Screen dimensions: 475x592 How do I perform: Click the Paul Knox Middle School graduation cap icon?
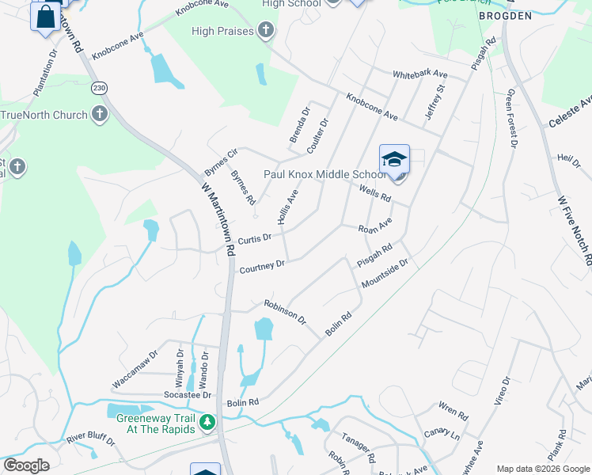(x=394, y=160)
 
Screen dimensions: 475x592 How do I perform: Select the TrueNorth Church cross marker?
(x=100, y=115)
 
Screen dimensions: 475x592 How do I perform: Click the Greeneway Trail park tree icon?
(x=207, y=424)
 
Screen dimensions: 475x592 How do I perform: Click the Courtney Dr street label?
(x=262, y=267)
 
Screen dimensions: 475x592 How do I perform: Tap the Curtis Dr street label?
(x=255, y=237)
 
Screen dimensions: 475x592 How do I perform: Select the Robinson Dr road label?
(x=285, y=312)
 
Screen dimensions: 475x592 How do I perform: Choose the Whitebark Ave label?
(x=420, y=74)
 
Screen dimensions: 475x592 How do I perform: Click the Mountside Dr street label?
(x=384, y=273)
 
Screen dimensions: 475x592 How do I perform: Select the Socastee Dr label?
(x=188, y=394)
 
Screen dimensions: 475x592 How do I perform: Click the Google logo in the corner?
(x=26, y=465)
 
